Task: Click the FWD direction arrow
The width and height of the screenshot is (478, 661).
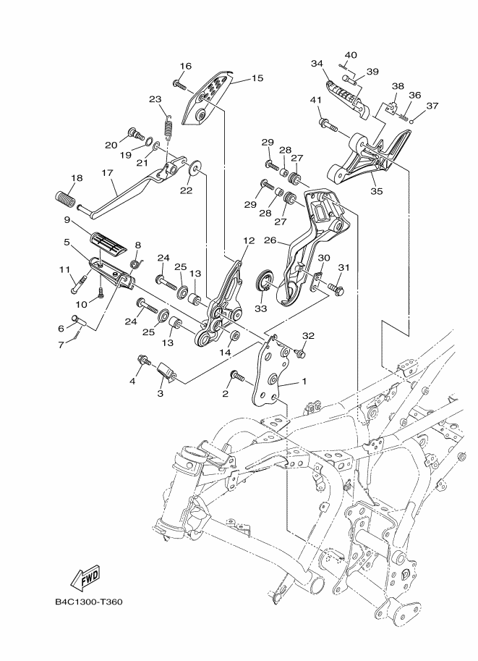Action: pyautogui.click(x=85, y=577)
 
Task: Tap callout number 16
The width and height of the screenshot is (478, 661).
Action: pyautogui.click(x=185, y=67)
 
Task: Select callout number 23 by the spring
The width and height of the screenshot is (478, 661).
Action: pyautogui.click(x=155, y=99)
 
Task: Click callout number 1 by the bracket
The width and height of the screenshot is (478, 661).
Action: pyautogui.click(x=304, y=381)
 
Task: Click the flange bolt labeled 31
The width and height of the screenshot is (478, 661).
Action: pyautogui.click(x=336, y=290)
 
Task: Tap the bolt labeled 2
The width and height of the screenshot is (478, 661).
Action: pyautogui.click(x=236, y=374)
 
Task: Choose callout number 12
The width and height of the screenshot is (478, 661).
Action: pyautogui.click(x=249, y=240)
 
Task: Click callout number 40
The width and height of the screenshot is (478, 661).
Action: pyautogui.click(x=351, y=55)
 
